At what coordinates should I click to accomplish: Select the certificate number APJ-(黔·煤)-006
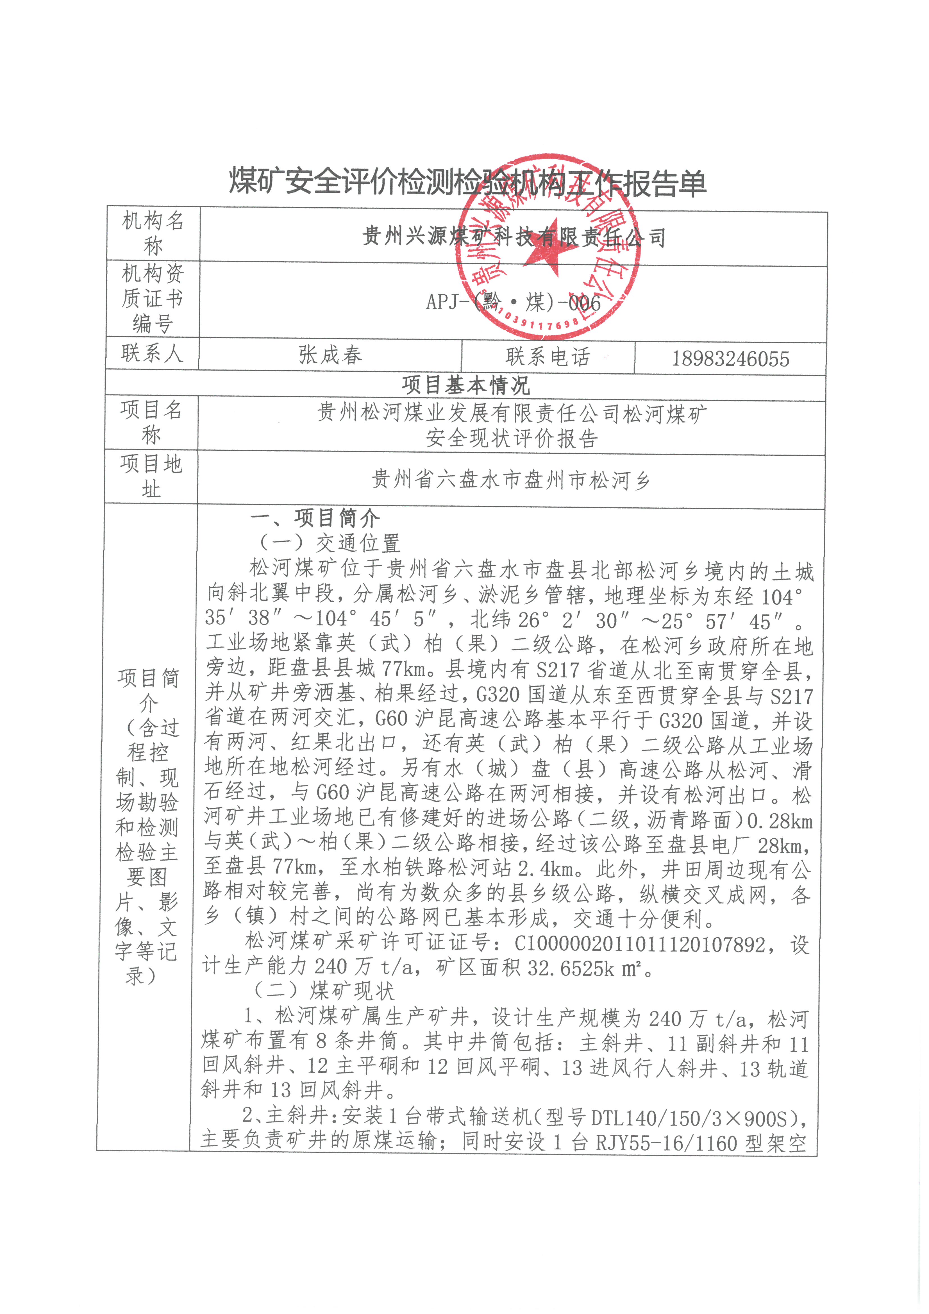(513, 302)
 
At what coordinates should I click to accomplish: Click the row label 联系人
(152, 353)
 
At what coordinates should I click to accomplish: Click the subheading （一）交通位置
(329, 543)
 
